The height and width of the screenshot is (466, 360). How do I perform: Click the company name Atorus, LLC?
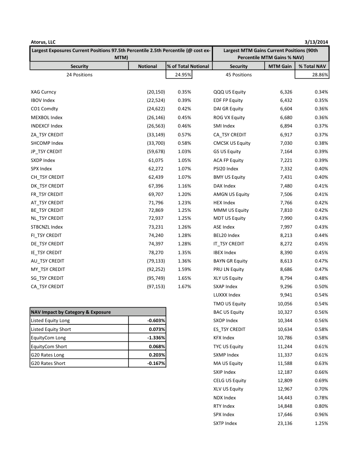[x=43, y=42]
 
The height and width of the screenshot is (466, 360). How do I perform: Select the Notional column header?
[x=147, y=66]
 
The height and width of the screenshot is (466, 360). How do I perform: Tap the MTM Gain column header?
[x=280, y=66]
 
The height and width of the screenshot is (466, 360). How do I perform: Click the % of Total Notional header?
[x=188, y=66]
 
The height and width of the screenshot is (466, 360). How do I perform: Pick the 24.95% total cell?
[x=181, y=75]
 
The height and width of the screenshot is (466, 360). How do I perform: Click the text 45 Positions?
[x=238, y=75]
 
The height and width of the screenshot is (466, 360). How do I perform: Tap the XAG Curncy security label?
[x=44, y=92]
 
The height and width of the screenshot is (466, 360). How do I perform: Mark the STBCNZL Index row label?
[x=47, y=227]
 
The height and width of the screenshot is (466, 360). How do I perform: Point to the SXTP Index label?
[x=225, y=423]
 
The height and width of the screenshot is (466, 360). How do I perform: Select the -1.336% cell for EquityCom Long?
[x=156, y=338]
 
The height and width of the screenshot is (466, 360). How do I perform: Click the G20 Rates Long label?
[x=48, y=355]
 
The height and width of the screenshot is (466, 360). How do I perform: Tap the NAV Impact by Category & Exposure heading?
[x=71, y=312]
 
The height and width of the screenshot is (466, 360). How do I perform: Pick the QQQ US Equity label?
[x=229, y=92]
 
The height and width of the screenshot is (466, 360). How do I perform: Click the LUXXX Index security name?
[x=227, y=295]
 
